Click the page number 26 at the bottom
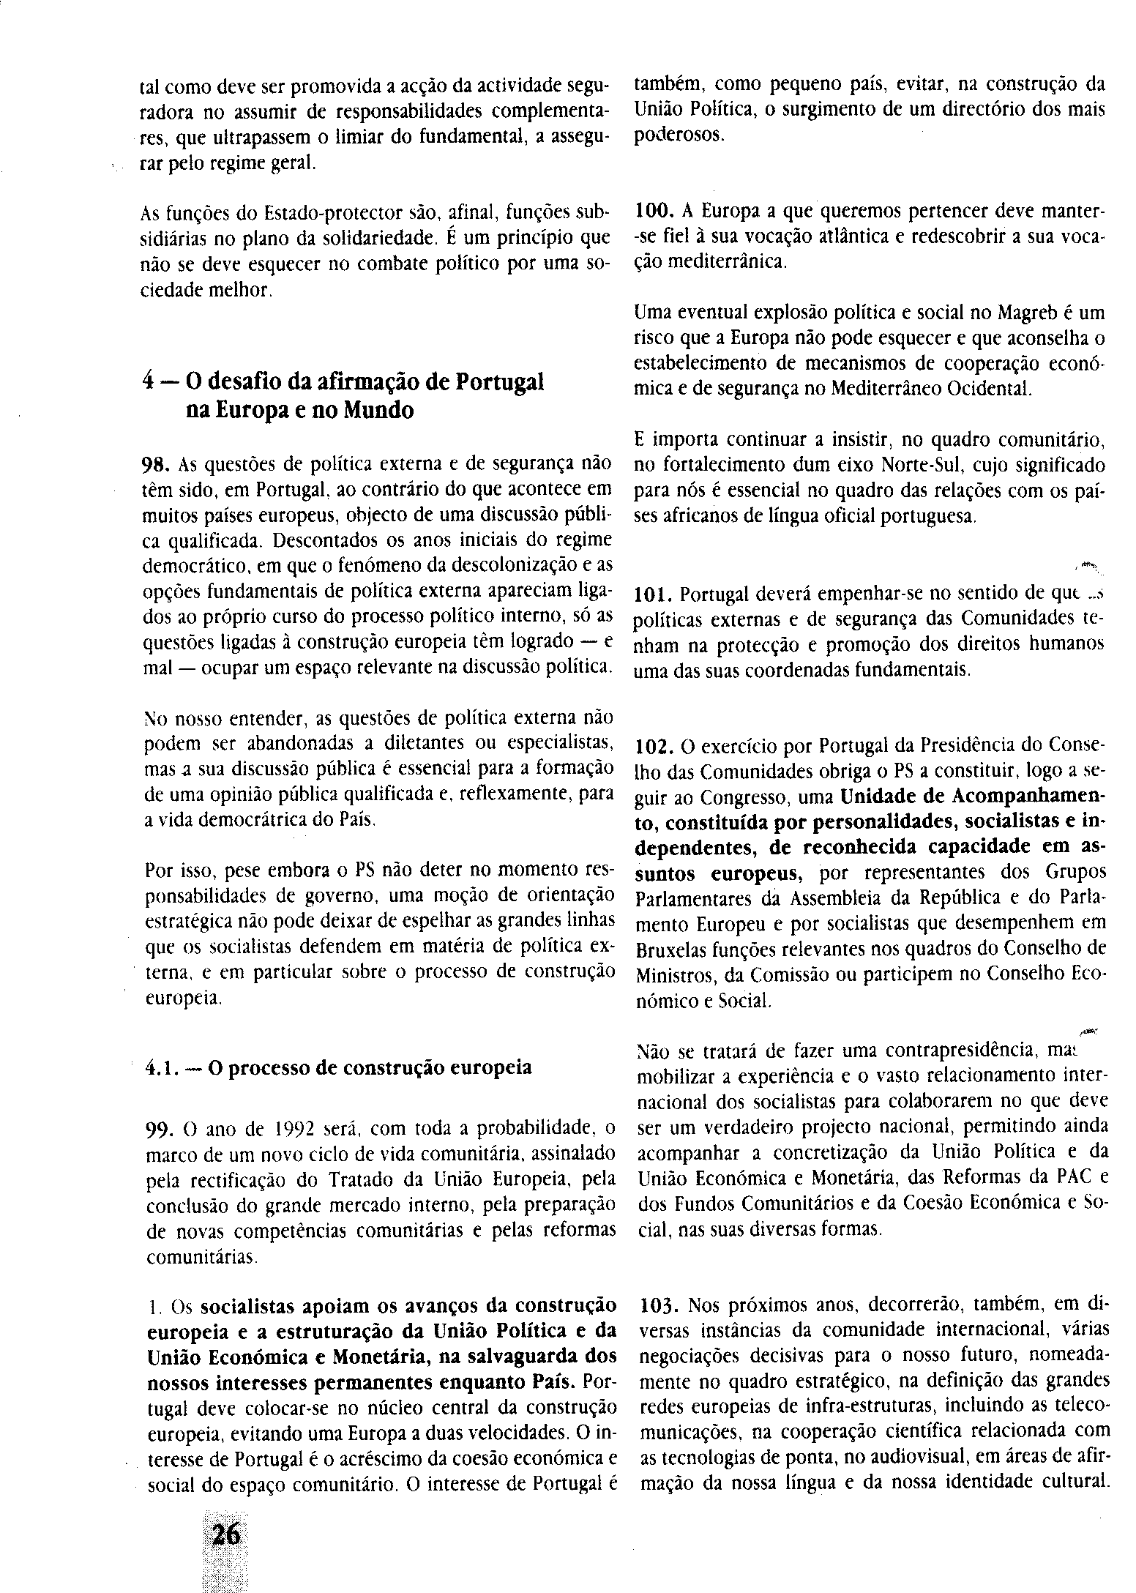coord(225,1534)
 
